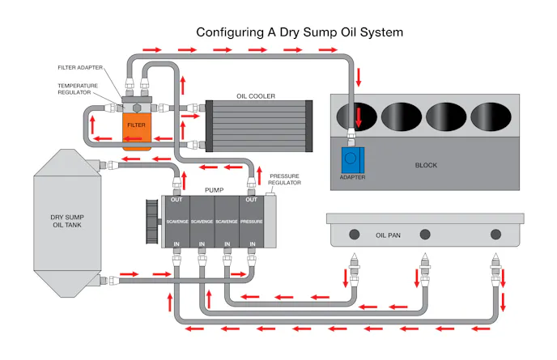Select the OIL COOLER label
pos(255,95)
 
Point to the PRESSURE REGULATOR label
pos(284,179)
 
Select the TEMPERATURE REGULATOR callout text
pos(79,89)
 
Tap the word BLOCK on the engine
pos(426,165)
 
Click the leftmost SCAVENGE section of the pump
pos(177,221)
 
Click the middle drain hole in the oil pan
pos(423,235)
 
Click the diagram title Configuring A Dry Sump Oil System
pos(300,32)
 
